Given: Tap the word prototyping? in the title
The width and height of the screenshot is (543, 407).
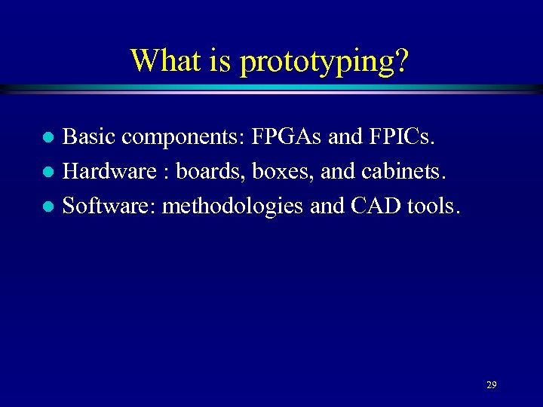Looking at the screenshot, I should [325, 61].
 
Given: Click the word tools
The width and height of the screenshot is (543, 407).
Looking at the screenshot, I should [432, 205].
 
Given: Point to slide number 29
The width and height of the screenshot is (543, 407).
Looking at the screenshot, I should [492, 384].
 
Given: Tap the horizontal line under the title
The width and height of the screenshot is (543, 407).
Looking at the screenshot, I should [271, 89].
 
